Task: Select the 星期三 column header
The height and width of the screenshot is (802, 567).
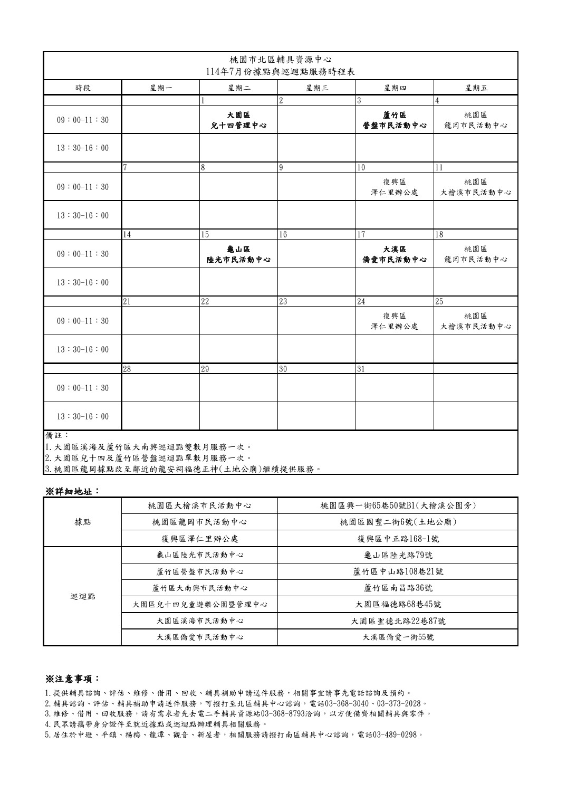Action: coord(316,88)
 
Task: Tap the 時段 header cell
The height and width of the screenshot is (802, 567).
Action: coord(83,88)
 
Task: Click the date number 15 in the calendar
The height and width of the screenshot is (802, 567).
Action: coord(205,235)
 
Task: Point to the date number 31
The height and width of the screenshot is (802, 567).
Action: coord(361,369)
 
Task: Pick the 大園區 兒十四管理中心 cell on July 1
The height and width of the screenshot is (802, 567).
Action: coord(238,120)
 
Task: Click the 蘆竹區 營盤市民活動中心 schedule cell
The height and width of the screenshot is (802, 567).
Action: coord(394,120)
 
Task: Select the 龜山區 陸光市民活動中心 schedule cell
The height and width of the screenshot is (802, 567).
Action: coord(238,254)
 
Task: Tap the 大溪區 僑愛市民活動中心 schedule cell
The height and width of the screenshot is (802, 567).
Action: coord(394,254)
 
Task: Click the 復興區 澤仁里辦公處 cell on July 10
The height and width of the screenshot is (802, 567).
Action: coord(394,187)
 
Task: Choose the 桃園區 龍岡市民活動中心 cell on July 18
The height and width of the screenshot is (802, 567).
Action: coord(475,254)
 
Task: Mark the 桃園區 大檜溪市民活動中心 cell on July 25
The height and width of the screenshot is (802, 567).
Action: coord(475,321)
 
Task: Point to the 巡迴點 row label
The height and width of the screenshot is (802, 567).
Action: coord(83,596)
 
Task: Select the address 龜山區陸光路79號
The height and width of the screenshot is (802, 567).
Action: coord(398,555)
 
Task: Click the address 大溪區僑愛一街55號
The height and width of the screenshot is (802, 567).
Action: coord(398,637)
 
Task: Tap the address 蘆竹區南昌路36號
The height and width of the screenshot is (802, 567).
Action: coord(398,588)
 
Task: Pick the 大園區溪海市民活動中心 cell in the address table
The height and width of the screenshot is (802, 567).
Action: coord(200,620)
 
